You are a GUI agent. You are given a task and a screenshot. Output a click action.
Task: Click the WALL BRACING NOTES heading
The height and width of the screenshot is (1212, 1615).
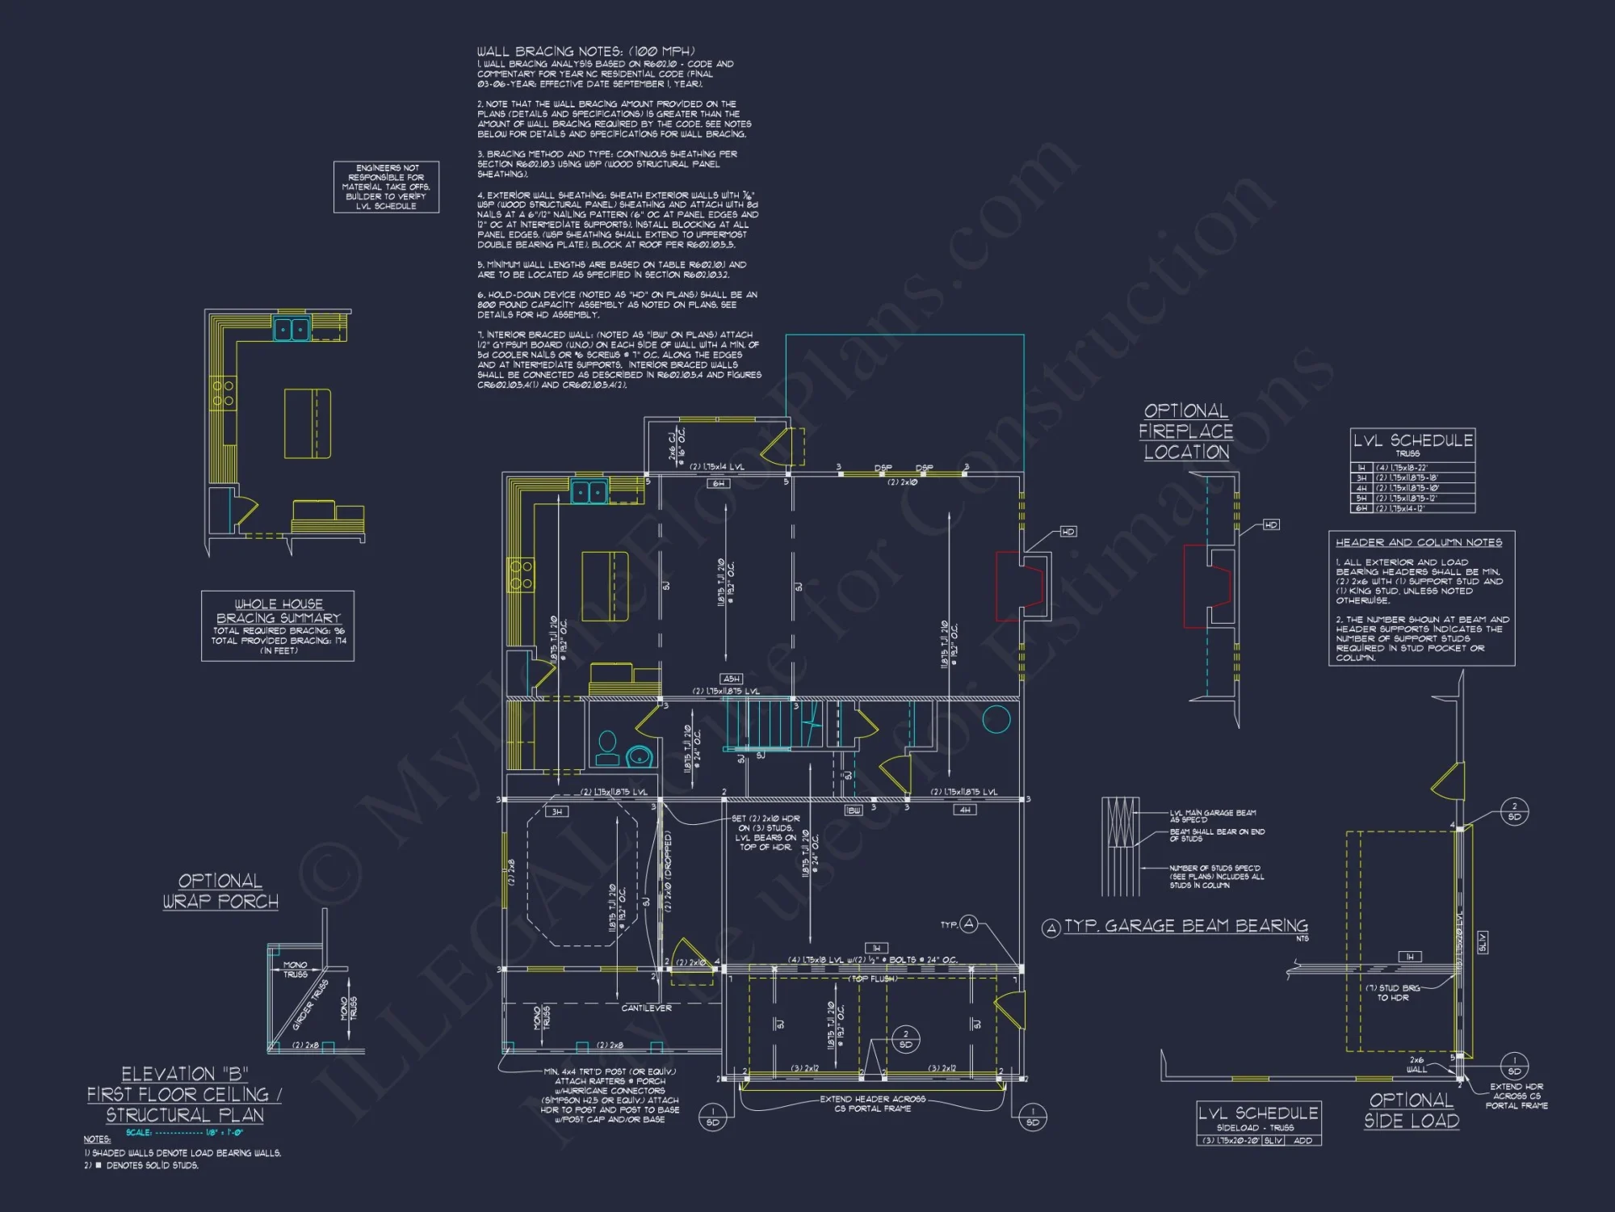(585, 52)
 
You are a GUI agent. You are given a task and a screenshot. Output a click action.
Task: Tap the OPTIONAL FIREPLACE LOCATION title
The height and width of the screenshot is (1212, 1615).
(1186, 431)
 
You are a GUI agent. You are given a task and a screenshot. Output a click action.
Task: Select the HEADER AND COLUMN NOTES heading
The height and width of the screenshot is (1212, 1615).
(1419, 542)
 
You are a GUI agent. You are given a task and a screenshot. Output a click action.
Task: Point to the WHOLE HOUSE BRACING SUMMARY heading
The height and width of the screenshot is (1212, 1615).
(279, 611)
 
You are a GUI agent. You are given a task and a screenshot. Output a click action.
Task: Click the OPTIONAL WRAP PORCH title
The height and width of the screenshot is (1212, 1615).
(220, 891)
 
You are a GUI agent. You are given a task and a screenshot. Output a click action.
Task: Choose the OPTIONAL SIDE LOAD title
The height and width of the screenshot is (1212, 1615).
(1412, 1110)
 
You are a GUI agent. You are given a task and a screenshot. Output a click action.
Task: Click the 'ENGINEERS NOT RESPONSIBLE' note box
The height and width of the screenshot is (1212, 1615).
(386, 187)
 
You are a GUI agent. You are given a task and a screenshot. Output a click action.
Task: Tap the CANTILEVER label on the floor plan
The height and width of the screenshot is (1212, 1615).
(646, 1008)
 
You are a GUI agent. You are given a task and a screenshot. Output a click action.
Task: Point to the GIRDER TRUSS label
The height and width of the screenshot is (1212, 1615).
(310, 1004)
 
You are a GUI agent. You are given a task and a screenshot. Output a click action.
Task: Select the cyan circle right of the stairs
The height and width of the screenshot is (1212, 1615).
(996, 719)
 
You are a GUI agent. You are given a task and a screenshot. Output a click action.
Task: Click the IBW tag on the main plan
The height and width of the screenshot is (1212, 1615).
(853, 810)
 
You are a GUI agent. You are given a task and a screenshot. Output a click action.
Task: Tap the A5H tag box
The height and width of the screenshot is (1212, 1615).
(731, 679)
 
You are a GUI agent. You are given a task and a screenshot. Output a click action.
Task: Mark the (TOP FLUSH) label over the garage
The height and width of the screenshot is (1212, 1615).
(871, 978)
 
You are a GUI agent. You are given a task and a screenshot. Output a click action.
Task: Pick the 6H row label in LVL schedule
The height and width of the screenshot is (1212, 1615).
(1361, 508)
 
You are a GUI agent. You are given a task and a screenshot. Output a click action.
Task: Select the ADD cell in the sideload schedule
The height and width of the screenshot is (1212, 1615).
(1302, 1140)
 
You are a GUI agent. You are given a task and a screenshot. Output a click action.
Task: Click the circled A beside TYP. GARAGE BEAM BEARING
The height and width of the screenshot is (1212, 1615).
(1051, 928)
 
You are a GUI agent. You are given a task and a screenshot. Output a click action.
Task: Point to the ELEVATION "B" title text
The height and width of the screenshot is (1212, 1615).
(184, 1074)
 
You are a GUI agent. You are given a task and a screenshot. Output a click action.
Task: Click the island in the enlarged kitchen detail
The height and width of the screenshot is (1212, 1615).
(308, 423)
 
